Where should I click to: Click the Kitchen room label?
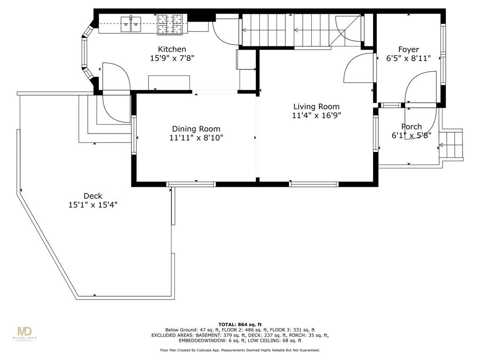point(172,49)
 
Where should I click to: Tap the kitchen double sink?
point(131,23)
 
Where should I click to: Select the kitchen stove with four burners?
point(169,24)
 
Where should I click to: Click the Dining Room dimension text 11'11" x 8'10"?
point(196,138)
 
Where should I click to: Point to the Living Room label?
point(316,106)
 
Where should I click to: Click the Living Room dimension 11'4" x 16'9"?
point(316,116)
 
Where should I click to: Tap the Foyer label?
point(408,49)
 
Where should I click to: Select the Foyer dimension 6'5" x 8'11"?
point(408,59)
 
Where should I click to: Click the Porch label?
point(411,127)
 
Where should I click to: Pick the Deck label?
point(93,196)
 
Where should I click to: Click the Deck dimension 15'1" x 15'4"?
point(93,205)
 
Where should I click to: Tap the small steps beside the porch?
point(452,145)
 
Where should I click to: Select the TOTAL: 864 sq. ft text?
point(240,324)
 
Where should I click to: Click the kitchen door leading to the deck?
point(115,77)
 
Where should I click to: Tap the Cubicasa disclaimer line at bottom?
point(240,350)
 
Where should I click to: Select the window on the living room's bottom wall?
point(314,184)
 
